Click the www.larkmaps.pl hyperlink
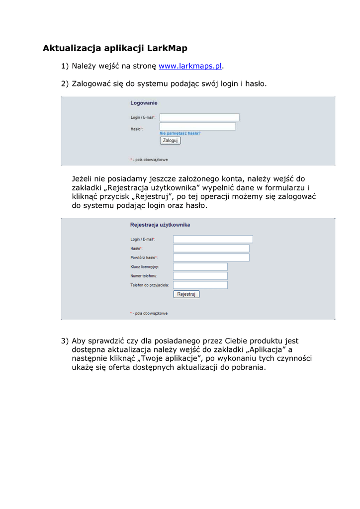(x=190, y=66)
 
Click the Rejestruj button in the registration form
(x=186, y=294)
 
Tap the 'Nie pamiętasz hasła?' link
(x=180, y=133)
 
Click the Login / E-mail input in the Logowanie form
(x=199, y=117)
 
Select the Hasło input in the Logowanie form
(x=197, y=127)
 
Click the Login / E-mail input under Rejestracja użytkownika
(x=213, y=239)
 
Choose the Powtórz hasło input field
(x=211, y=257)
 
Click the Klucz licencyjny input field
(x=200, y=266)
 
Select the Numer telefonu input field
(x=200, y=276)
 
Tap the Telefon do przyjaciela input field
(x=200, y=285)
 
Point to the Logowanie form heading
(x=144, y=103)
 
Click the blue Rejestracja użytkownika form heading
(x=160, y=225)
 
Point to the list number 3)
(x=65, y=341)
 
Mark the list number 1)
(x=65, y=66)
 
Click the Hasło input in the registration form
(x=211, y=248)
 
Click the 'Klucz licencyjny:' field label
(x=144, y=267)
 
